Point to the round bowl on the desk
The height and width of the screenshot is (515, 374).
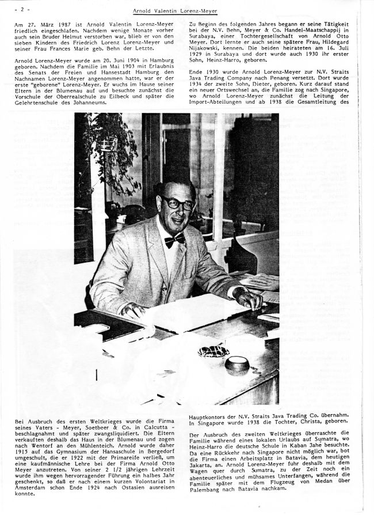tap(236, 365)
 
